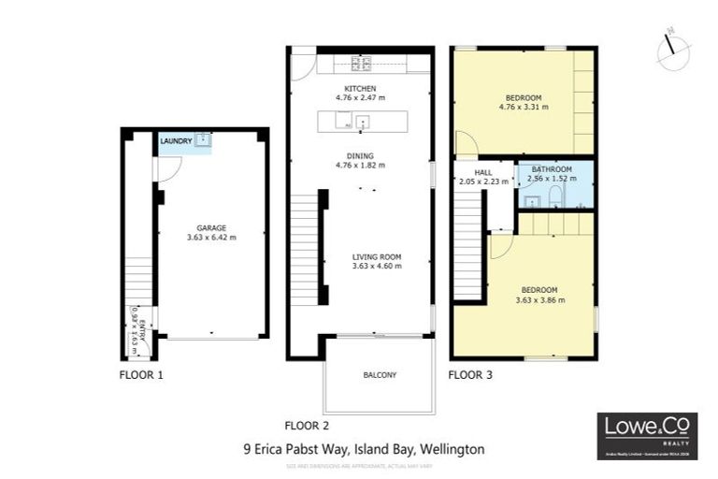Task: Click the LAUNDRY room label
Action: coord(176,141)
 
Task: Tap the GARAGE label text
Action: coord(211,227)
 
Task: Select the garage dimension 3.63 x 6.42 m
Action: coord(211,238)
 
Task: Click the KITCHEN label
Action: coord(360,88)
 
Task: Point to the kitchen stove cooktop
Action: coord(360,64)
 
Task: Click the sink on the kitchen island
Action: coord(362,121)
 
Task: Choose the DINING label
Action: coord(360,155)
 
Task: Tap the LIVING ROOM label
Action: coord(377,256)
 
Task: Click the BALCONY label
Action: coord(380,375)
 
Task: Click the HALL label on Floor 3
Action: coord(483,172)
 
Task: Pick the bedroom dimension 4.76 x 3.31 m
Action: coord(524,107)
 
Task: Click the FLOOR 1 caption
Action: coord(142,375)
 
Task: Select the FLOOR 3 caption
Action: coord(470,375)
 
